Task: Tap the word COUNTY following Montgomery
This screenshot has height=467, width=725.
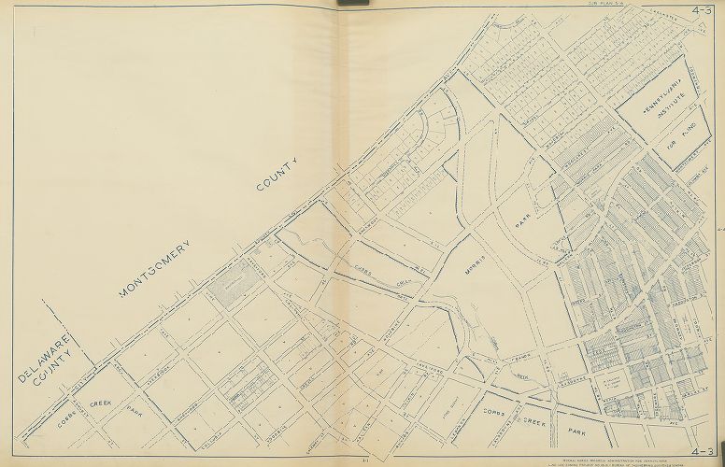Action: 277,175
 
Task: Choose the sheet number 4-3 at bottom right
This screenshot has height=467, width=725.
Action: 704,451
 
